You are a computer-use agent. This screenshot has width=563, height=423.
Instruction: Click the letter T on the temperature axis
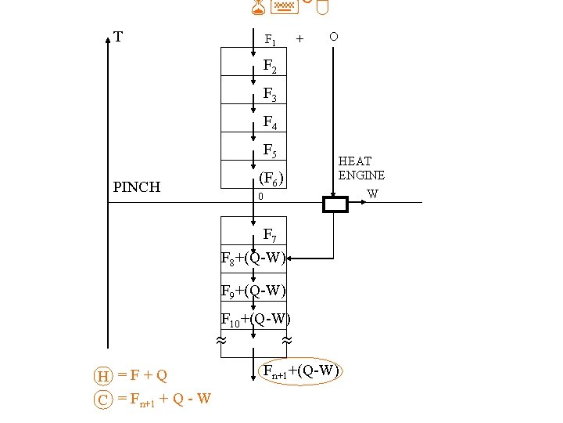pyautogui.click(x=118, y=37)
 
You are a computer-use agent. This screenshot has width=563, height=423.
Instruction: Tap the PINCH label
pyautogui.click(x=136, y=187)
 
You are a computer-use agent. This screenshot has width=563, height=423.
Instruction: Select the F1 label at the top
pyautogui.click(x=270, y=39)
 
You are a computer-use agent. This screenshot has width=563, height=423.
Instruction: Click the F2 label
pyautogui.click(x=270, y=67)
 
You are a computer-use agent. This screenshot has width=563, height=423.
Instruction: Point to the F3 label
pyautogui.click(x=270, y=95)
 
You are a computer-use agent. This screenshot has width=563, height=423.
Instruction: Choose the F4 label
pyautogui.click(x=270, y=123)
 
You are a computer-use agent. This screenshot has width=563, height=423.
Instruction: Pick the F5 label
pyautogui.click(x=270, y=150)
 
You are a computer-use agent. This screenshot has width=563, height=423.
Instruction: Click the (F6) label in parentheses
pyautogui.click(x=271, y=179)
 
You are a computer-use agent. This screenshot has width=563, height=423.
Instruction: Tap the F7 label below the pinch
pyautogui.click(x=270, y=234)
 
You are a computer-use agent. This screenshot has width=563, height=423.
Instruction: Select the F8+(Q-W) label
pyautogui.click(x=254, y=258)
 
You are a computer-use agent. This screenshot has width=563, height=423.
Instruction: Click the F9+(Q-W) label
pyautogui.click(x=254, y=291)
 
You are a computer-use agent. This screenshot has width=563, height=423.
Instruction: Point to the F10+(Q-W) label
pyautogui.click(x=256, y=320)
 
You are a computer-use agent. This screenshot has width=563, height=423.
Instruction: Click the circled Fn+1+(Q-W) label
pyautogui.click(x=300, y=371)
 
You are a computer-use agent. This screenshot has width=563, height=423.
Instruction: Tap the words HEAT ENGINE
pyautogui.click(x=361, y=168)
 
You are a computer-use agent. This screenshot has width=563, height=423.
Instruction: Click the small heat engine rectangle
pyautogui.click(x=335, y=204)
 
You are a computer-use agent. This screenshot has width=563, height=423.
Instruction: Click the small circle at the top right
pyautogui.click(x=334, y=37)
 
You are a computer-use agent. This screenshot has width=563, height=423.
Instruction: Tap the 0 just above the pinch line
pyautogui.click(x=261, y=197)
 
